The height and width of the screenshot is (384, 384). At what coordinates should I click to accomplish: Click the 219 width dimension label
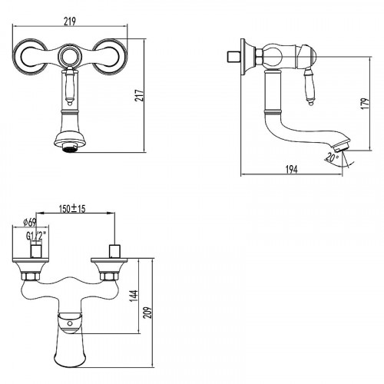70,22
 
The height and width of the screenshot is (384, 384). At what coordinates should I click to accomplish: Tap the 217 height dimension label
140,95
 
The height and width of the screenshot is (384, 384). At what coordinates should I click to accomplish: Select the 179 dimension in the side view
366,104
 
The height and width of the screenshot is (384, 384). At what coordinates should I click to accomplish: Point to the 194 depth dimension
291,169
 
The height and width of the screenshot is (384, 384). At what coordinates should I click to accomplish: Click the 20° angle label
332,157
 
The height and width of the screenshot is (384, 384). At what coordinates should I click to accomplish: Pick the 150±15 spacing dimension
72,209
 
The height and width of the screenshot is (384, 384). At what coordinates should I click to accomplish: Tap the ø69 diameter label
30,222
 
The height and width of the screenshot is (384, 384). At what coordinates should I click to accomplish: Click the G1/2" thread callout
36,236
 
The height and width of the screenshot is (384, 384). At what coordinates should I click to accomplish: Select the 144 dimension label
134,296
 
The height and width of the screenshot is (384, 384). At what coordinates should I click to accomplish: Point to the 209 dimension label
147,313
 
